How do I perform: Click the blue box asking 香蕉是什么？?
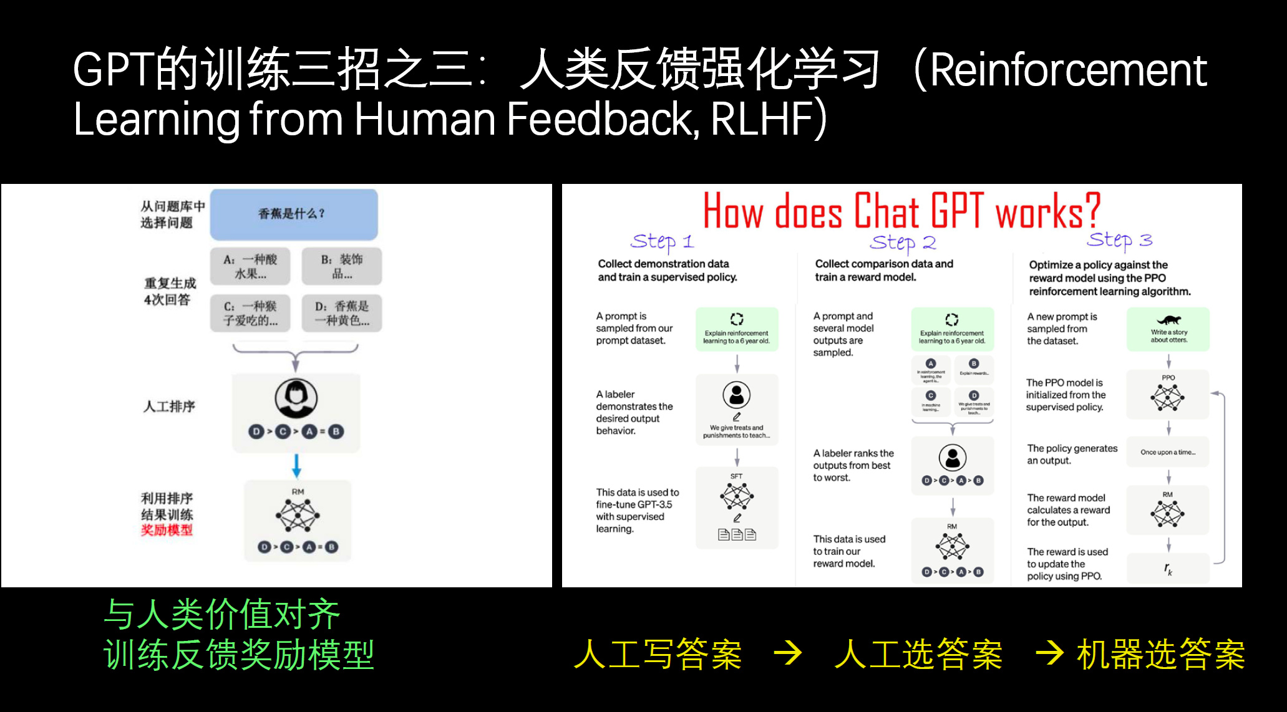(293, 214)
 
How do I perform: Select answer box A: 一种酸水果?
(250, 266)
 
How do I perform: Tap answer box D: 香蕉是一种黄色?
(341, 313)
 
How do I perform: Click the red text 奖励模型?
(167, 530)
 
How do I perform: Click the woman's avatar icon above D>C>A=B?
(296, 398)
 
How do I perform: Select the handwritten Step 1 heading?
(662, 241)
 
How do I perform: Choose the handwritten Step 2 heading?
(903, 242)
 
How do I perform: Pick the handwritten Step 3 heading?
(1119, 240)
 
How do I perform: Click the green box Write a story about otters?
(1168, 329)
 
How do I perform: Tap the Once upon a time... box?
(1167, 452)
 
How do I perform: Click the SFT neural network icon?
(737, 497)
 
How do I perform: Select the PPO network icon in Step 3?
(1167, 397)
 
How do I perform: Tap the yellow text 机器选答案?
(1161, 655)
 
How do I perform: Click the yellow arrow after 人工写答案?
(788, 653)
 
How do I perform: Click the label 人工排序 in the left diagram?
(169, 407)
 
